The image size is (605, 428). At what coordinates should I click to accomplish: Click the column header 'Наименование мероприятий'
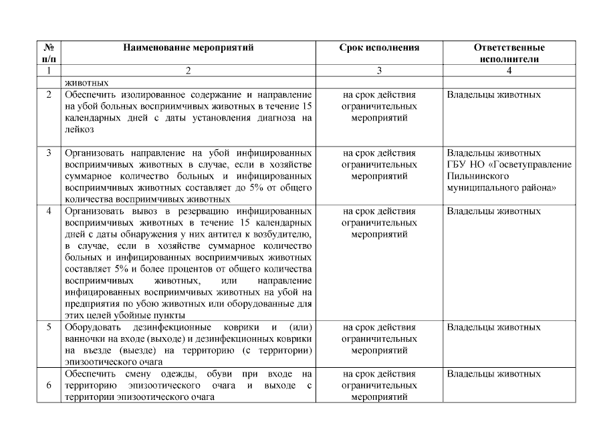(x=188, y=48)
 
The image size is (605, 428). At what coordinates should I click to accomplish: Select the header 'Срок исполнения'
(x=379, y=48)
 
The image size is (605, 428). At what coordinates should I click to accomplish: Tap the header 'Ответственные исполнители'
(x=509, y=53)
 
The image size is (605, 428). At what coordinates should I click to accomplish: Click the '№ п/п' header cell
(x=49, y=53)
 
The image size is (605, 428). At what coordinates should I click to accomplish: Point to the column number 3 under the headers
(x=379, y=70)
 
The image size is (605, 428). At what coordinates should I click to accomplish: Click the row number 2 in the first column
(x=49, y=95)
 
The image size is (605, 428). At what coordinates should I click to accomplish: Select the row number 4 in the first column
(x=49, y=211)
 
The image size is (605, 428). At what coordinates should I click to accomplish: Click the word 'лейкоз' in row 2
(x=78, y=130)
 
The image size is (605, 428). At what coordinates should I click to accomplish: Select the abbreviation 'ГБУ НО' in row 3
(x=463, y=165)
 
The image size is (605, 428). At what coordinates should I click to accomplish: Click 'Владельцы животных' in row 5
(x=493, y=328)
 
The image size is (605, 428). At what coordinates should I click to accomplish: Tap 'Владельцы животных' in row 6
(x=493, y=374)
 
